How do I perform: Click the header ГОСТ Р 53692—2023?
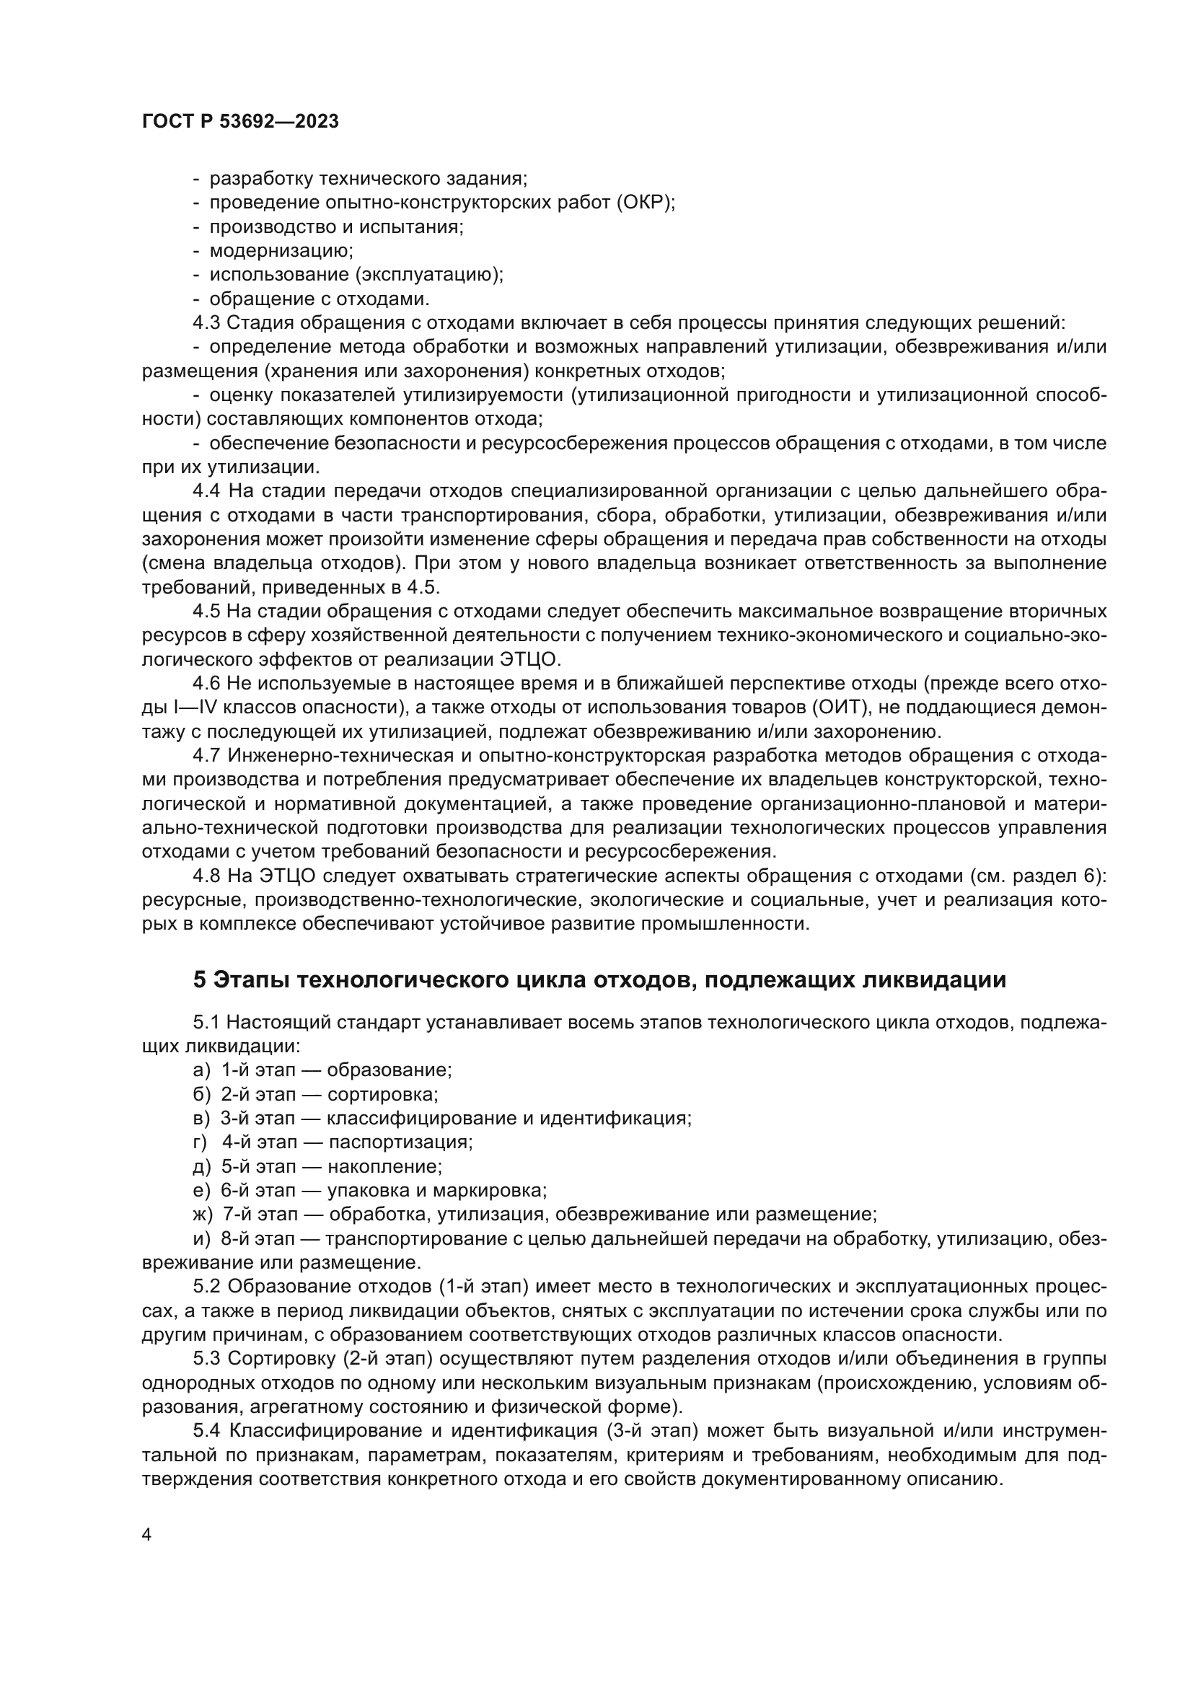(240, 122)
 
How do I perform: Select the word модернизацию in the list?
(281, 251)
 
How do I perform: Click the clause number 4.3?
(206, 323)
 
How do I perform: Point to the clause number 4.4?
(206, 492)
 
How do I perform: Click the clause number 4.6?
(206, 684)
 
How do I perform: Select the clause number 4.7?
(206, 756)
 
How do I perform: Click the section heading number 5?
(199, 980)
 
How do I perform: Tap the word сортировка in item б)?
(382, 1095)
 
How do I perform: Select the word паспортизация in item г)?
(400, 1142)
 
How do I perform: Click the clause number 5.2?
(207, 1287)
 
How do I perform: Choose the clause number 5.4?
(207, 1432)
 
